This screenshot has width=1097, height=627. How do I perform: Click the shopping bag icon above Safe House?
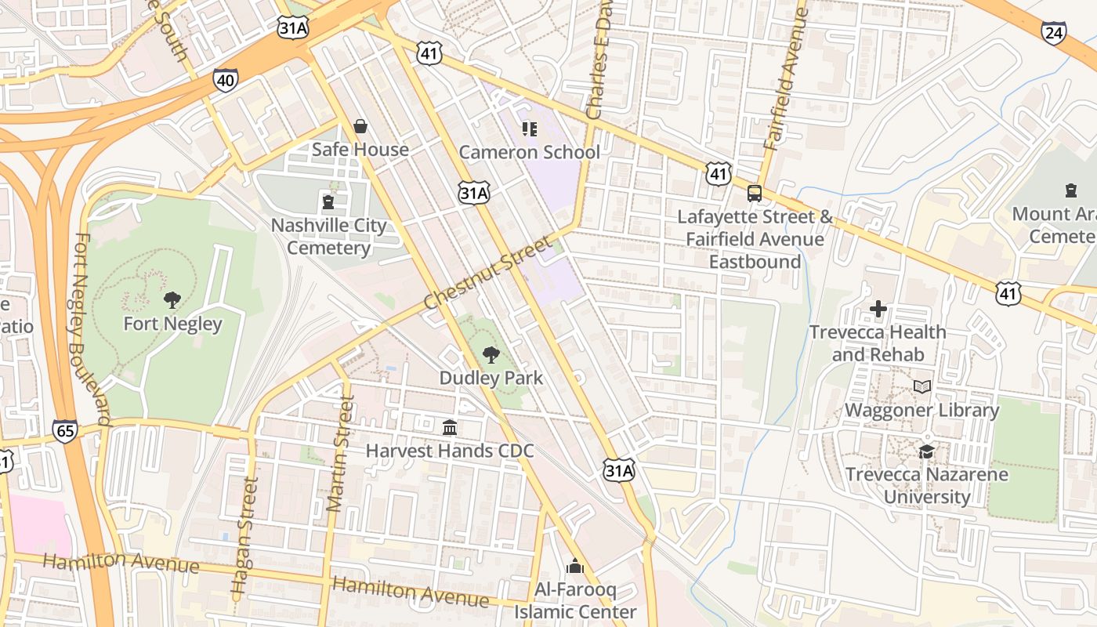(x=360, y=126)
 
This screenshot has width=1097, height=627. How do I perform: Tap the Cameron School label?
(x=529, y=152)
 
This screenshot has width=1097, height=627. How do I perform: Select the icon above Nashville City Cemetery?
(x=328, y=202)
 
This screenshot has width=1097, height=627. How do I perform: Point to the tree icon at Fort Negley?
(x=172, y=299)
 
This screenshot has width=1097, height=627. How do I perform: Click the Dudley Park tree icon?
(x=491, y=354)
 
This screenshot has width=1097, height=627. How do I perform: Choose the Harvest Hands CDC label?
(x=450, y=451)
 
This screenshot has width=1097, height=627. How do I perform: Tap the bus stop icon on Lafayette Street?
(x=755, y=193)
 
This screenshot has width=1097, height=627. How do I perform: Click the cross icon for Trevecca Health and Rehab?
(x=878, y=309)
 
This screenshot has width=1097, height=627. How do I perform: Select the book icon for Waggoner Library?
(x=922, y=387)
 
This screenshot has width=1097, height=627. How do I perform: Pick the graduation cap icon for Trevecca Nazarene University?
(x=926, y=451)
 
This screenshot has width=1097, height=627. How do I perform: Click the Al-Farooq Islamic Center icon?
(x=575, y=566)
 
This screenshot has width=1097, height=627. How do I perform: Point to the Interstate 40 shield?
(x=225, y=80)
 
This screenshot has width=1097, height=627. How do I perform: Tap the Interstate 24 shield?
(x=1054, y=32)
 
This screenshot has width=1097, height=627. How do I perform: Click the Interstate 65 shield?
(x=65, y=430)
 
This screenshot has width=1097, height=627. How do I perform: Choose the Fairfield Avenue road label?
(x=784, y=78)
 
